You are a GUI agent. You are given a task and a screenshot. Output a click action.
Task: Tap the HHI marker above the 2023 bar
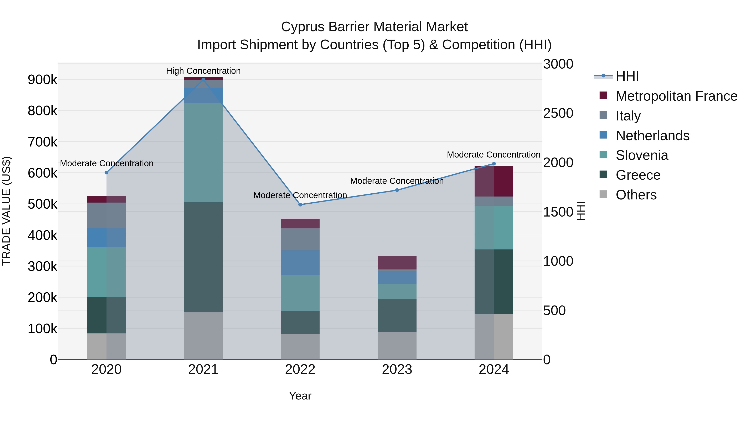[397, 190]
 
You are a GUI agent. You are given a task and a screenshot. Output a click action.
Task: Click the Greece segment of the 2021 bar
[203, 257]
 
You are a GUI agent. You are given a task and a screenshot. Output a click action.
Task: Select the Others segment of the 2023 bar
[397, 346]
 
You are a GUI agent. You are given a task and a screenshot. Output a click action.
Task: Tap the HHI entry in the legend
[627, 76]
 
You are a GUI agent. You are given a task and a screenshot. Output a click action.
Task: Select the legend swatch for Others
[603, 194]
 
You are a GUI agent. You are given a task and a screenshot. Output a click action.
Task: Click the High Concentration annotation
[203, 71]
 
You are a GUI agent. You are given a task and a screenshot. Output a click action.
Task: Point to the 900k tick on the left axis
[42, 80]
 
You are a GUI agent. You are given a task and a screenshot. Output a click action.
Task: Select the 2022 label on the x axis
[300, 369]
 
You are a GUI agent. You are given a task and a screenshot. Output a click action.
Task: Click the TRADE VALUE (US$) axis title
[6, 211]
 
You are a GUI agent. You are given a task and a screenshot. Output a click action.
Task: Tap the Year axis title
[300, 396]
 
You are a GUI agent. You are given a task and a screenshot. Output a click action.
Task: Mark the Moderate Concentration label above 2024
[494, 155]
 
